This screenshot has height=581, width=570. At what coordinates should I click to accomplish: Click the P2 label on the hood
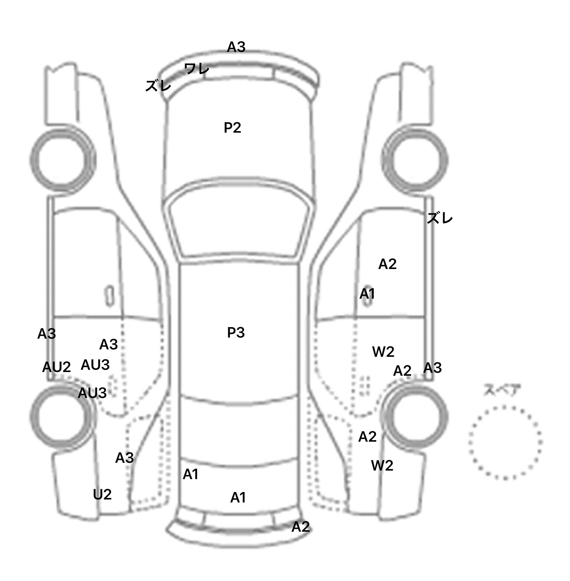click(232, 128)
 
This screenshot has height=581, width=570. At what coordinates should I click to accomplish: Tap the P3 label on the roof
click(236, 333)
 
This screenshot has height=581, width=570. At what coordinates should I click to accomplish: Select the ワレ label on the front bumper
click(197, 69)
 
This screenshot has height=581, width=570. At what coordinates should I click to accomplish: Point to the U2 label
click(102, 494)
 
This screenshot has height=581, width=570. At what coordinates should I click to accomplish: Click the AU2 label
click(56, 367)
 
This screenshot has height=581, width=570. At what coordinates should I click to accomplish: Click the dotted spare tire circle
click(505, 442)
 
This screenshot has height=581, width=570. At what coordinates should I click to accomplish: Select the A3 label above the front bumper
click(236, 47)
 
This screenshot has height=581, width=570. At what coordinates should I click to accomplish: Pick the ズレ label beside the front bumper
click(158, 86)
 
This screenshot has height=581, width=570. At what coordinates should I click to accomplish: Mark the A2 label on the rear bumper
click(300, 527)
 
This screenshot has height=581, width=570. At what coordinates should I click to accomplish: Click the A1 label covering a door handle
click(367, 294)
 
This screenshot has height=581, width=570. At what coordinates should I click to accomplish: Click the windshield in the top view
click(239, 226)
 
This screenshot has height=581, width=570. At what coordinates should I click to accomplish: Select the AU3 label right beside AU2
click(95, 365)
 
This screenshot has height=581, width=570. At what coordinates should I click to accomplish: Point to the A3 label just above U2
click(124, 458)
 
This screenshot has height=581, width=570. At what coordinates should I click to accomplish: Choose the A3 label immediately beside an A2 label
click(432, 368)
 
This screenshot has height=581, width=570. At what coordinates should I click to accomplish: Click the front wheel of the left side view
click(62, 160)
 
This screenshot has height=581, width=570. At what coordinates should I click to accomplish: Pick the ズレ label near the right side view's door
click(440, 219)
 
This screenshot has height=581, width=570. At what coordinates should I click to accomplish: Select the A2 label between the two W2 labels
click(367, 437)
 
